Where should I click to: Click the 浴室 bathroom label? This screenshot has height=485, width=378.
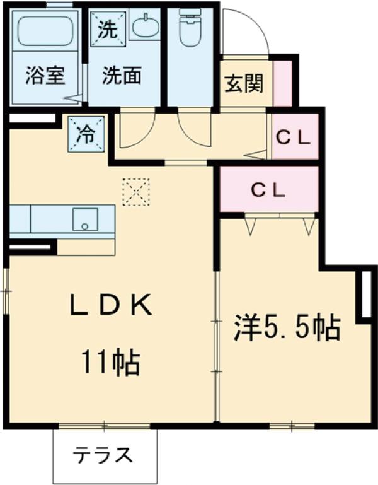[45, 75]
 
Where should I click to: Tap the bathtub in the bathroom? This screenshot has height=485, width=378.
[45, 30]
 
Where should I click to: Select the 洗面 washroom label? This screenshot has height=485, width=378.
[122, 75]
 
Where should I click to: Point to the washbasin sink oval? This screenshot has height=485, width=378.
[144, 25]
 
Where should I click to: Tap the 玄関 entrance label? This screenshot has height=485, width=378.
[244, 83]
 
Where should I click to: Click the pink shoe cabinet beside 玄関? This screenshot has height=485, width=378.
[283, 83]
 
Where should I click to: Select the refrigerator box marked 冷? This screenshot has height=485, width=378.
[86, 134]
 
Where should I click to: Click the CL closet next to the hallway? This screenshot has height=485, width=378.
[295, 136]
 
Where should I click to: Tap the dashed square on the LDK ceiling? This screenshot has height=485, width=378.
[136, 192]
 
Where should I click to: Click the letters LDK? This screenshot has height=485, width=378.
[112, 304]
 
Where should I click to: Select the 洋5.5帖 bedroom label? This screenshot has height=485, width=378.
[287, 327]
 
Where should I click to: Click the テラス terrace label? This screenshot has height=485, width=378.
[102, 455]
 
